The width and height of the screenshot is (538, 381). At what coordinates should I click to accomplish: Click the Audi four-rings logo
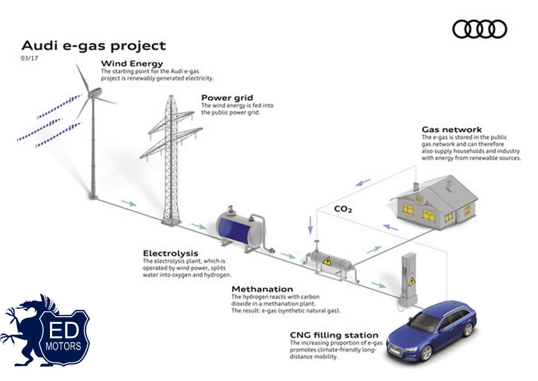(480, 29)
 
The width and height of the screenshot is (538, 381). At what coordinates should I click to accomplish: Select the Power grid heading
(227, 98)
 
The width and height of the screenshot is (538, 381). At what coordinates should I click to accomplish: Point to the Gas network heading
(452, 130)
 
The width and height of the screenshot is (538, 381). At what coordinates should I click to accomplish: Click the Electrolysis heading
(171, 253)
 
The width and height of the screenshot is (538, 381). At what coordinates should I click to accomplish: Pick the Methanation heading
(262, 289)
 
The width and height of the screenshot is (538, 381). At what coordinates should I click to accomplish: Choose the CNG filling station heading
(334, 335)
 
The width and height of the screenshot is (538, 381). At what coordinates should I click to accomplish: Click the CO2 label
(343, 209)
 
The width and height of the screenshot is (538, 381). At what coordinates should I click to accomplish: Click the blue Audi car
(431, 335)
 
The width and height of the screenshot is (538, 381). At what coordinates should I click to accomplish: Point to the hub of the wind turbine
(93, 95)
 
